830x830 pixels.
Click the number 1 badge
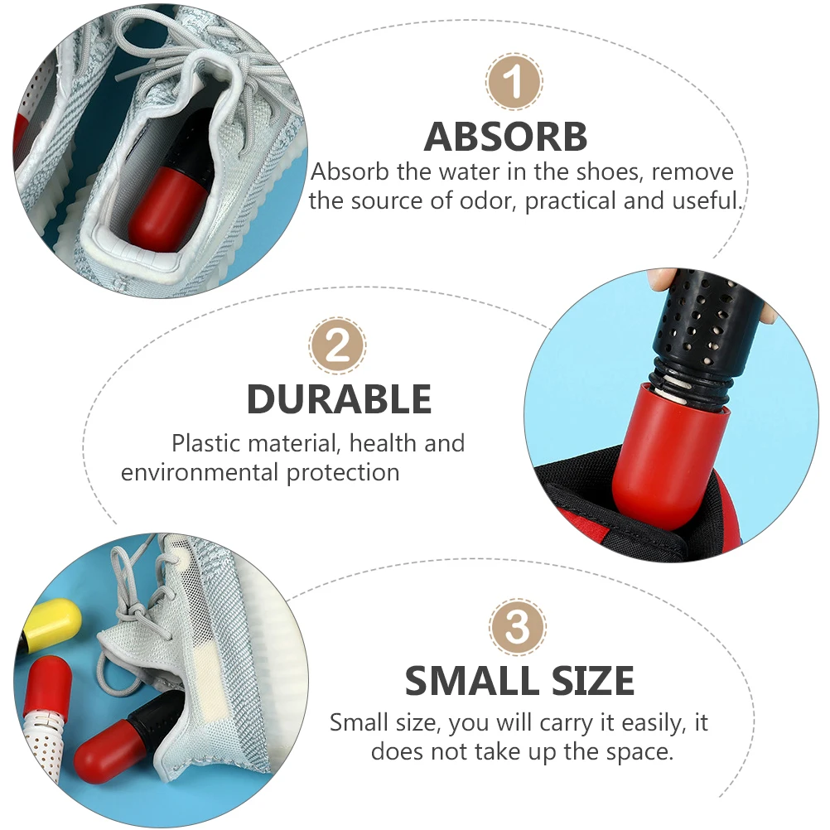click(514, 82)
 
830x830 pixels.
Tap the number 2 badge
click(338, 346)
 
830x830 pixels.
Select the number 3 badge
click(518, 628)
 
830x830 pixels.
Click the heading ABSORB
click(505, 137)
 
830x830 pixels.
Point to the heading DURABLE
click(339, 399)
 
